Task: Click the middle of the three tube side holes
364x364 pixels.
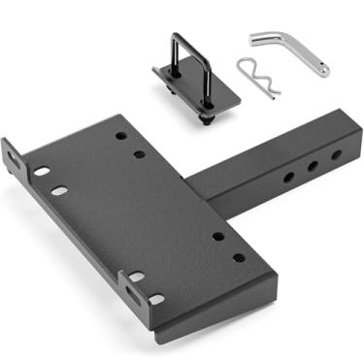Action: (313, 167)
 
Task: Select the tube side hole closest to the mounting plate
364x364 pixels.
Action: (288, 178)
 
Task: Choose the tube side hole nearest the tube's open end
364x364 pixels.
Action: (335, 154)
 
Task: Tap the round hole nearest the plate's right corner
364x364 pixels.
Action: (239, 257)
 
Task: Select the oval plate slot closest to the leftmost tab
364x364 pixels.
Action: (42, 172)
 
